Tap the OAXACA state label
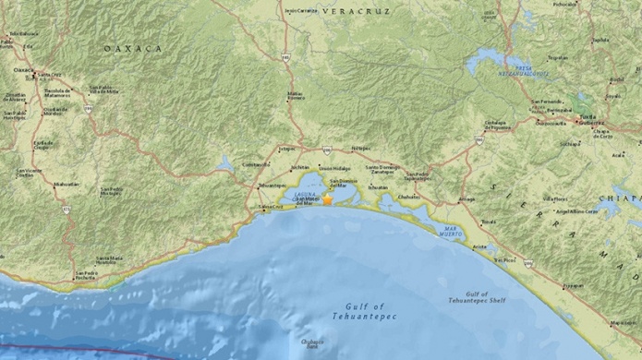132,48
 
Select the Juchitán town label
298,167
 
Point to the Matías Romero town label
295,95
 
